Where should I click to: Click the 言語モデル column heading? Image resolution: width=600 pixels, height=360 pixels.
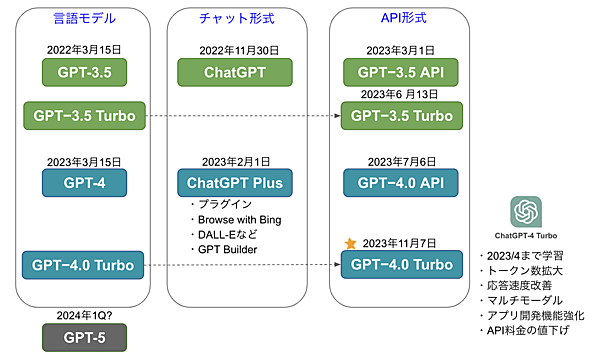point(84,17)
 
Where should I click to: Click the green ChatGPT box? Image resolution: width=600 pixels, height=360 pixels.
point(235,71)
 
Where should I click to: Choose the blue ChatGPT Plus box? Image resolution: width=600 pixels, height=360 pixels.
point(235,182)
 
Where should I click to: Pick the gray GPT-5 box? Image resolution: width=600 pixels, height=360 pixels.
point(84,338)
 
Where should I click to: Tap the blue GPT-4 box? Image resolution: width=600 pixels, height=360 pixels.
point(84,182)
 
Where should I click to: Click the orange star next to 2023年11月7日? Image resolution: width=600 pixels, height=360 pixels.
point(350,243)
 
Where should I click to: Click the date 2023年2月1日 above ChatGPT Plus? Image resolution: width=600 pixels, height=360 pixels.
point(235,160)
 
